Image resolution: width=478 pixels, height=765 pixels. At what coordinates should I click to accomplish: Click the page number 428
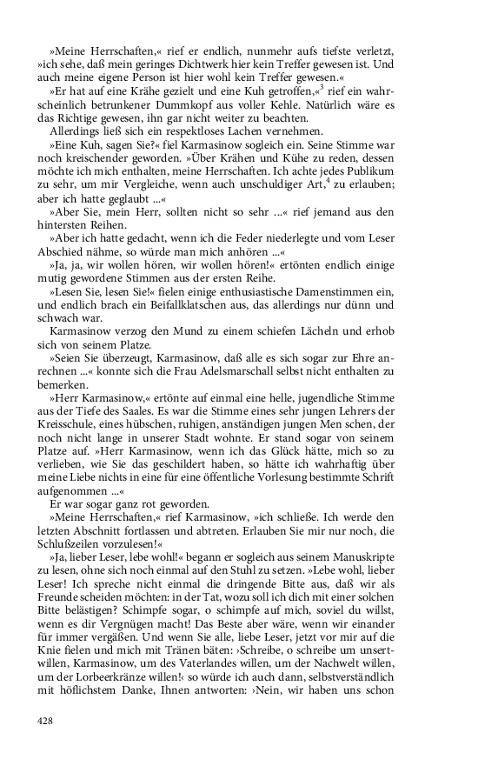pos(46,720)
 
